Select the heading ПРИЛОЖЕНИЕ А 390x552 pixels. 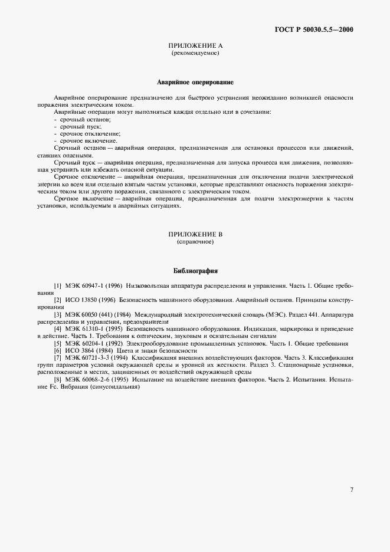(x=195, y=46)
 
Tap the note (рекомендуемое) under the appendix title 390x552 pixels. (x=195, y=53)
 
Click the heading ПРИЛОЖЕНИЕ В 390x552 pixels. (x=195, y=235)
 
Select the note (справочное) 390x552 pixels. (x=195, y=242)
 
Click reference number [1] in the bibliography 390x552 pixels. (x=57, y=286)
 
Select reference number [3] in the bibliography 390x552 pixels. (x=57, y=315)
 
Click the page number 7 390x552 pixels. (x=352, y=489)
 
